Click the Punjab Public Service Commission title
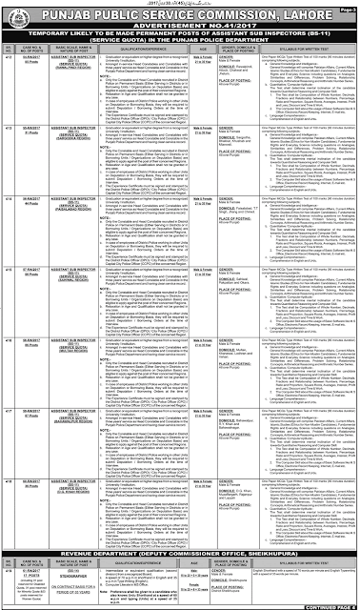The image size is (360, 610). point(181,11)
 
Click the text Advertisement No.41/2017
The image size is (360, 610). point(181,23)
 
